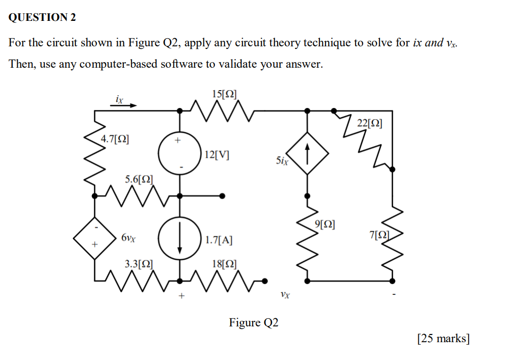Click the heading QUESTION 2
click(42, 18)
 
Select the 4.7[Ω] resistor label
click(115, 139)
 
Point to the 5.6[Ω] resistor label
click(139, 179)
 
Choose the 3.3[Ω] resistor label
click(139, 264)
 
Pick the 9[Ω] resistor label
click(325, 224)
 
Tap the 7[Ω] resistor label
click(379, 235)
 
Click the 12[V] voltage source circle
click(179, 155)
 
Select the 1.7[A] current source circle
click(179, 238)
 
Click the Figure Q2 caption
click(254, 323)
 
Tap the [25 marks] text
click(443, 338)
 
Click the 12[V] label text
click(216, 155)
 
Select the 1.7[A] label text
click(220, 239)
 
